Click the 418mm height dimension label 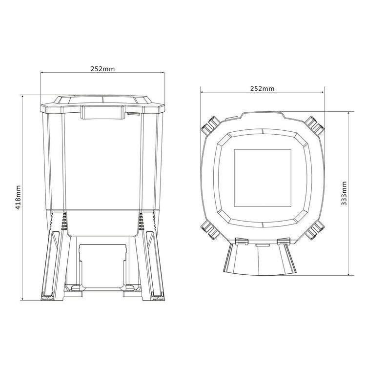(x=19, y=198)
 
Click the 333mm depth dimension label (x=344, y=194)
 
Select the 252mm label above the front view (x=102, y=69)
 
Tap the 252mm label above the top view (x=263, y=89)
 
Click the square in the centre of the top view (x=263, y=178)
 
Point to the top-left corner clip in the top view (x=210, y=125)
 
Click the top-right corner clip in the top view (x=315, y=125)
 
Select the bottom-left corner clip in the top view (x=210, y=229)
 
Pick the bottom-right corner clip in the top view (x=315, y=229)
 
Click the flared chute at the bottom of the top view (x=260, y=260)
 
